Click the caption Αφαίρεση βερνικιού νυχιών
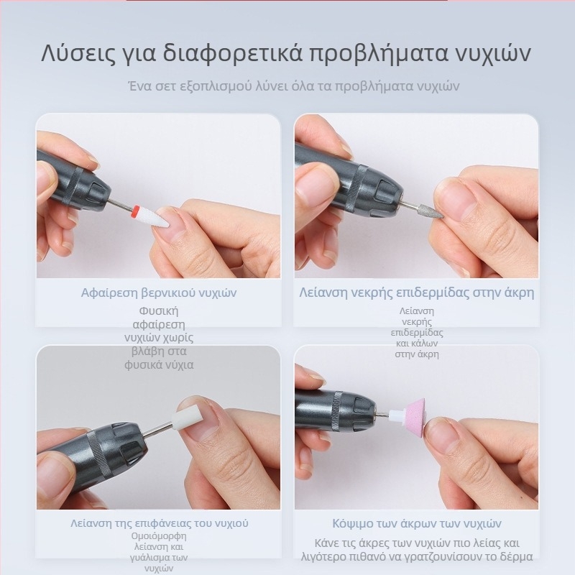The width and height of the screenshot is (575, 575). (159, 293)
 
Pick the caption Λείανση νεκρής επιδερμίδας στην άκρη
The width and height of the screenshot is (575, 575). (416, 293)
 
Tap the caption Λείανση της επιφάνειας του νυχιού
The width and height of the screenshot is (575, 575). (159, 523)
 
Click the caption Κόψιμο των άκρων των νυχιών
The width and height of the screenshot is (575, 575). (416, 523)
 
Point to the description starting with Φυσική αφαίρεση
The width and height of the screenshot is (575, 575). (159, 338)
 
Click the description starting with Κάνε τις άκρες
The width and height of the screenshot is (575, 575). (417, 550)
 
